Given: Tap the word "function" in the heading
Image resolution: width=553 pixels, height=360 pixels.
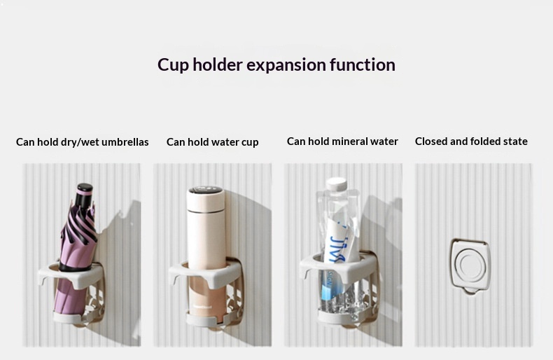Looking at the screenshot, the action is point(362,65).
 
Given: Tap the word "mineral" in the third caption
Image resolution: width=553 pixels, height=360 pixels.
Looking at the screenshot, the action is point(351,141).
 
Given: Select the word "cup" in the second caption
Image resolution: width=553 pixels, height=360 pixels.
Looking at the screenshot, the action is point(250,143).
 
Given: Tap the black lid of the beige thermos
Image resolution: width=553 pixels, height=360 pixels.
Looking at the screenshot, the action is point(206,191).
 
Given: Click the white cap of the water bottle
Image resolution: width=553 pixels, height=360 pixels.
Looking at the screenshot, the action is point(337,184).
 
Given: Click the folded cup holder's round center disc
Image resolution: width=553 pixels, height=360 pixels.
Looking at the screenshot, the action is point(470,266).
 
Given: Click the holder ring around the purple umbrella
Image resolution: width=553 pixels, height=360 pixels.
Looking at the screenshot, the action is point(71,275).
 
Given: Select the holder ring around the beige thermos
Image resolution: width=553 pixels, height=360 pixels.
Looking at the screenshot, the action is point(206,275).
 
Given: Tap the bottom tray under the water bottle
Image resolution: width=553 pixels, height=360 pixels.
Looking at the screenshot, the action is point(339,315).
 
